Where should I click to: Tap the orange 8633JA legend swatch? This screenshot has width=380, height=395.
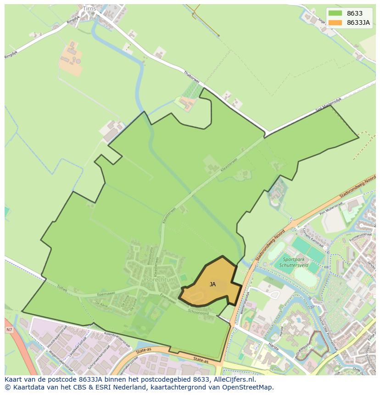(x=335, y=23)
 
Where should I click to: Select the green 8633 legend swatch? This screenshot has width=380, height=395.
(x=335, y=13)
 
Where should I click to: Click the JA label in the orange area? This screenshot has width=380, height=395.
(x=212, y=284)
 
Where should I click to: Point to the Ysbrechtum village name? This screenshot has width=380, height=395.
(x=159, y=279)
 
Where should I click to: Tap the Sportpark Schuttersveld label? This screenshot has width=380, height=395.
(x=294, y=262)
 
